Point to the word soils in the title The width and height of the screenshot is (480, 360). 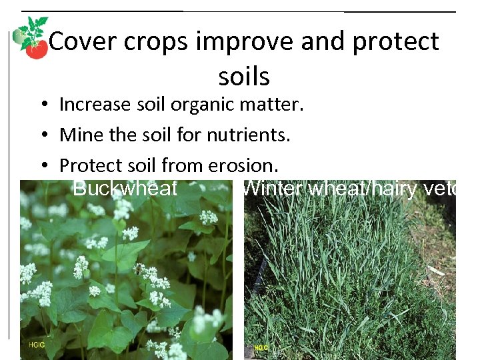tap(244, 77)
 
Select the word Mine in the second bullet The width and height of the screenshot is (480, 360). tap(77, 135)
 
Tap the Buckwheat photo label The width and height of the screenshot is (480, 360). tap(125, 189)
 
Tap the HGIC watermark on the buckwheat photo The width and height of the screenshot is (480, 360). tap(37, 345)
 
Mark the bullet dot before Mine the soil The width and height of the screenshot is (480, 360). tap(41, 136)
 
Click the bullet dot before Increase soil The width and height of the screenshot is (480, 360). tap(41, 105)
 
